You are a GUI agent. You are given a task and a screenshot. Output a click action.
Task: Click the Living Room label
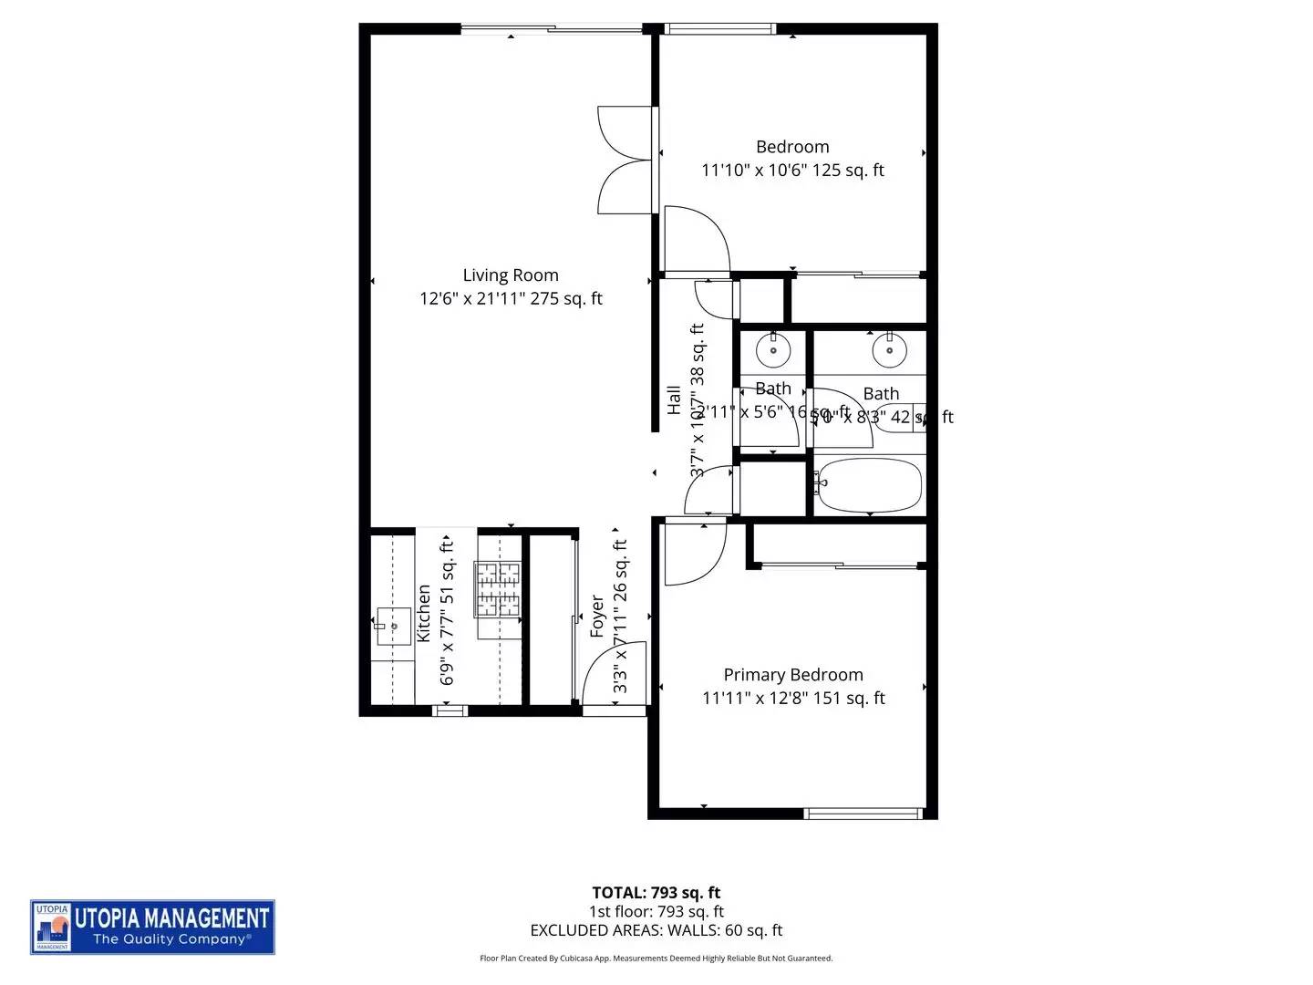510,275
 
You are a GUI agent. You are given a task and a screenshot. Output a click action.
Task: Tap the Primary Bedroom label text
792,675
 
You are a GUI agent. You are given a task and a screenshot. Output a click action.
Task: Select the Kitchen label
424,614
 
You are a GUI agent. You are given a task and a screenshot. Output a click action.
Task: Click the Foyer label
597,617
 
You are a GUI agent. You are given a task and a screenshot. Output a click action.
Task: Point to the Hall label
674,399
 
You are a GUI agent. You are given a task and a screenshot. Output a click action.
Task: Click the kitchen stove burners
497,588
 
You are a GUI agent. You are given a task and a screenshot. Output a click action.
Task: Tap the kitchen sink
393,627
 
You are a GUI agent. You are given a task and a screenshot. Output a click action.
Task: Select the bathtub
869,485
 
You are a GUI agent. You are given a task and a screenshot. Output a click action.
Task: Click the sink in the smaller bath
773,347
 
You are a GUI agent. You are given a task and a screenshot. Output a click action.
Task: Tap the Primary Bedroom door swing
693,552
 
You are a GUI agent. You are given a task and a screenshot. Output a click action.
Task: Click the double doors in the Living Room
625,161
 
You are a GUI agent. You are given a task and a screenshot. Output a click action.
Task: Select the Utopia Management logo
152,928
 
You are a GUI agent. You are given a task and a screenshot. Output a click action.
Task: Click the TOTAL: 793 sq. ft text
656,893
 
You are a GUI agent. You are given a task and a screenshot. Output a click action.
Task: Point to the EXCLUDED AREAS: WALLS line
656,930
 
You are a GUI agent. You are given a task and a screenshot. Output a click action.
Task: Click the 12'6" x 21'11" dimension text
511,298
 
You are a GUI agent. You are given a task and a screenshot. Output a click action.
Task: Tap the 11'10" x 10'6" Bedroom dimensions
792,171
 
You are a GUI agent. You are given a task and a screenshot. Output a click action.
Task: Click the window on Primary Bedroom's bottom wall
863,813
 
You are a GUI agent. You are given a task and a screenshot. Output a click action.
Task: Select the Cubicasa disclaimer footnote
656,959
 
